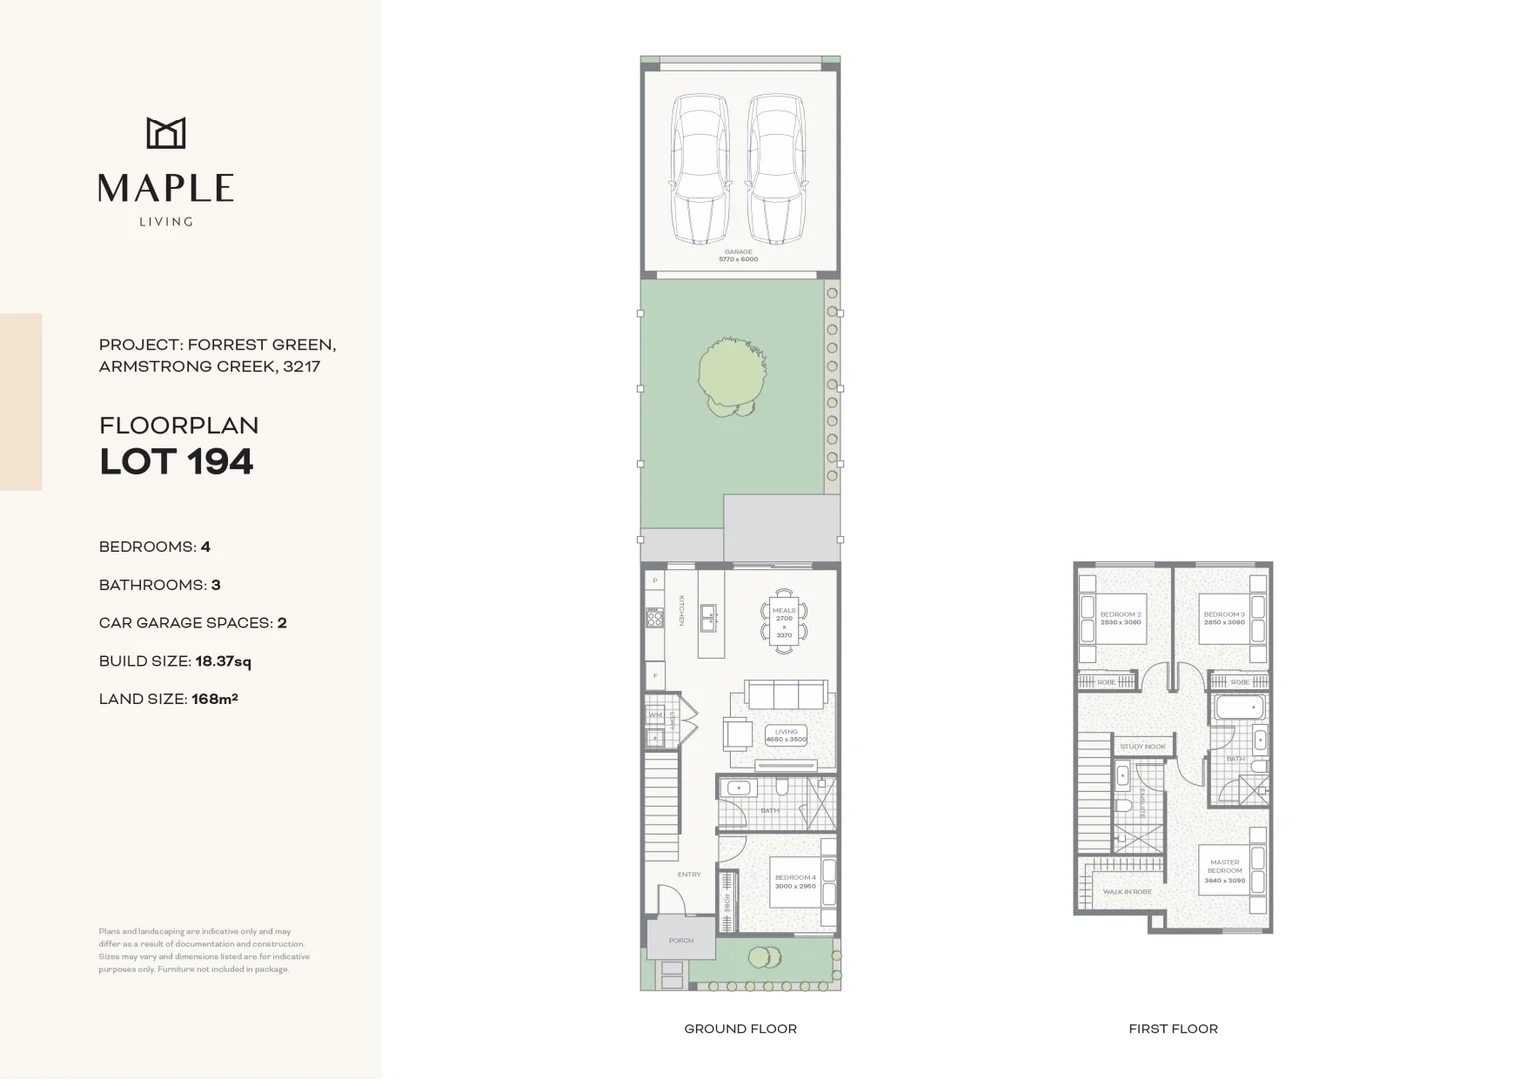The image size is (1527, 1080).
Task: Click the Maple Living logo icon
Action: pyautogui.click(x=166, y=133)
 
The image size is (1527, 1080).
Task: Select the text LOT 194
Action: pyautogui.click(x=176, y=462)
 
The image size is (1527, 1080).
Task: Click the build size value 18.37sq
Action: pyautogui.click(x=223, y=661)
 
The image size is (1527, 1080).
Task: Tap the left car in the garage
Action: pyautogui.click(x=699, y=169)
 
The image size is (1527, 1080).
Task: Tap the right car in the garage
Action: pyautogui.click(x=776, y=169)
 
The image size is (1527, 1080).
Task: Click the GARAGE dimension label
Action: pyautogui.click(x=738, y=256)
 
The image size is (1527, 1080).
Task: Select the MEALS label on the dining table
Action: pyautogui.click(x=784, y=610)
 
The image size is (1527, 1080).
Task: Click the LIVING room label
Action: pyautogui.click(x=786, y=735)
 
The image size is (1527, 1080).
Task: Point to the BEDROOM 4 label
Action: pyautogui.click(x=795, y=881)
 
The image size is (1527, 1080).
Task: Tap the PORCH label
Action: pyautogui.click(x=681, y=940)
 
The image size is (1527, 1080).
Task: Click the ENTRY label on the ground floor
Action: pyautogui.click(x=689, y=874)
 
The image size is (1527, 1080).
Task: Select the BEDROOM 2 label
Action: pyautogui.click(x=1120, y=618)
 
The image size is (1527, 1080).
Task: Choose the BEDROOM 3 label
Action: pyautogui.click(x=1224, y=618)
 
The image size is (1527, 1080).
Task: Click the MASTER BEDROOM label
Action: pyautogui.click(x=1224, y=870)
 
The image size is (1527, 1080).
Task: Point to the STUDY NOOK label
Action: pyautogui.click(x=1142, y=746)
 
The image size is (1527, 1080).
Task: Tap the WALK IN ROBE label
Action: pyautogui.click(x=1127, y=891)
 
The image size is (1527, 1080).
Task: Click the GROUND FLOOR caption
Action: pyautogui.click(x=740, y=1028)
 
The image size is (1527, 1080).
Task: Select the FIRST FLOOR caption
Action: pyautogui.click(x=1173, y=1028)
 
